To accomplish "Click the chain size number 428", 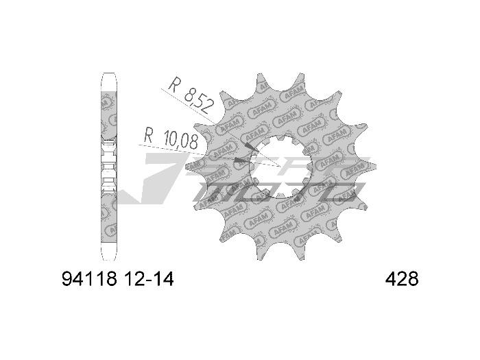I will point(402,280).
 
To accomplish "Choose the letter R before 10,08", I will point(147,134).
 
